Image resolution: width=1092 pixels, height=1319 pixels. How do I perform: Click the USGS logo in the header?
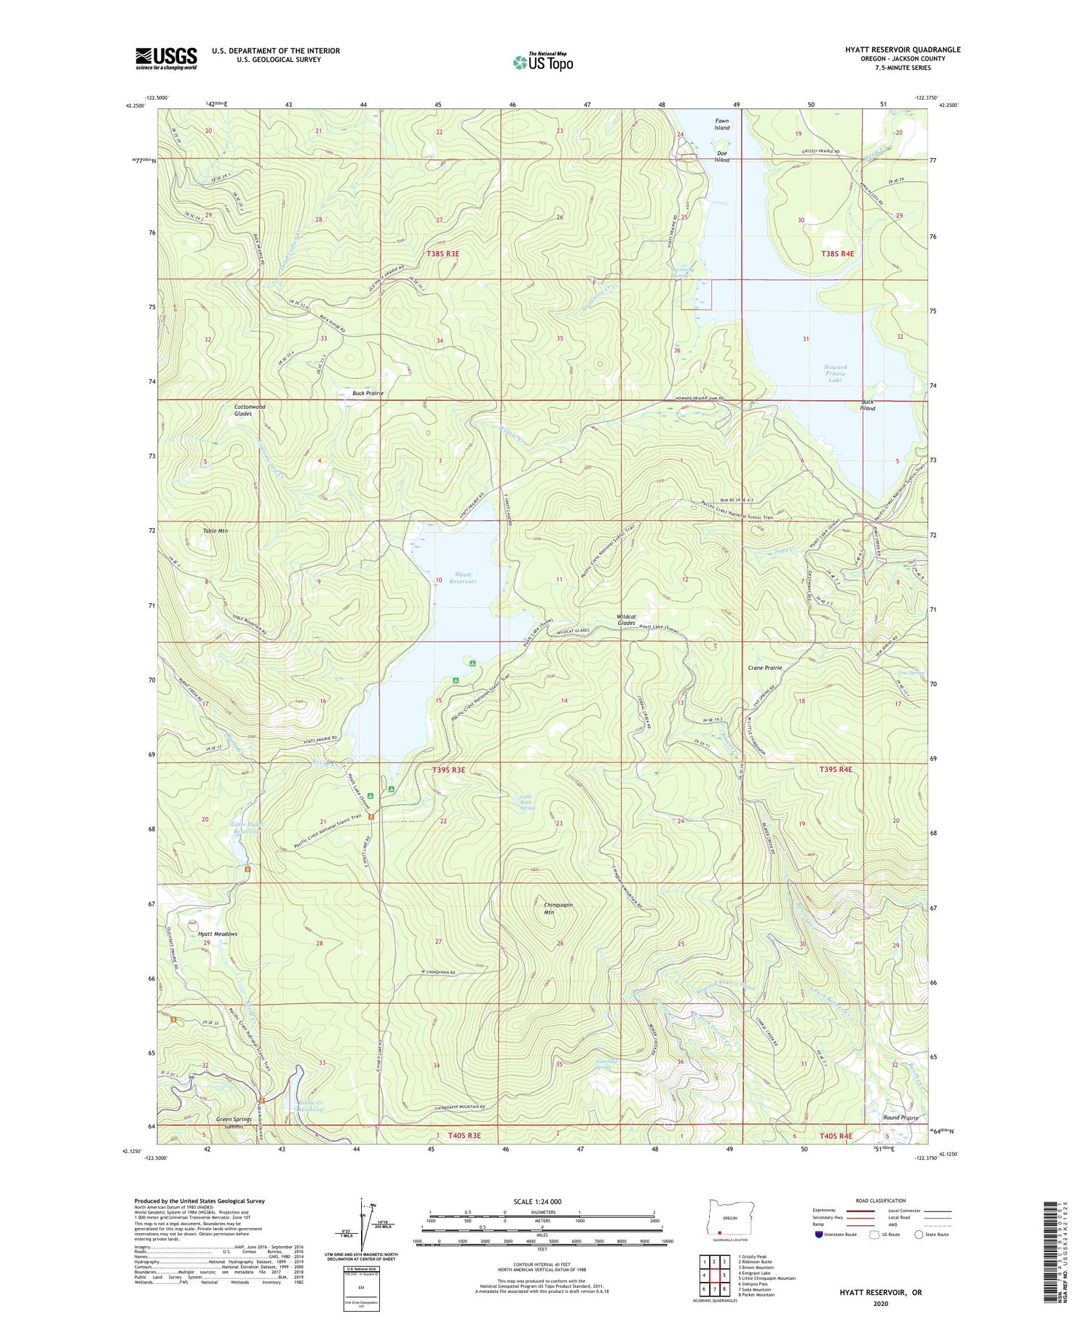(166, 57)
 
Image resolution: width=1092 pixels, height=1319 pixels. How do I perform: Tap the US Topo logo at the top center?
(542, 62)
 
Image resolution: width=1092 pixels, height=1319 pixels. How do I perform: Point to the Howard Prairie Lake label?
(835, 373)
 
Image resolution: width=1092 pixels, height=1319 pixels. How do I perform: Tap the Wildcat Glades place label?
(626, 620)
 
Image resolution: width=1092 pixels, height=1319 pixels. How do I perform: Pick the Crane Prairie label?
(764, 667)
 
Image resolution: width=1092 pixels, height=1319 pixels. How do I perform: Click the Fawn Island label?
(721, 124)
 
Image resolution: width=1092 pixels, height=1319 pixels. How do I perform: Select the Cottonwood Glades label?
(250, 410)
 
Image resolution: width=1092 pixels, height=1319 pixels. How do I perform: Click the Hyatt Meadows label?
(216, 934)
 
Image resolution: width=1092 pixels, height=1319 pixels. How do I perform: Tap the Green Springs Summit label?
(234, 1123)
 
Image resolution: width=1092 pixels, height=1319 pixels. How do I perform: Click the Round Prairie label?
(901, 1117)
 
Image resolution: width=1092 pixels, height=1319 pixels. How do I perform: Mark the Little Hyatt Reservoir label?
(248, 829)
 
